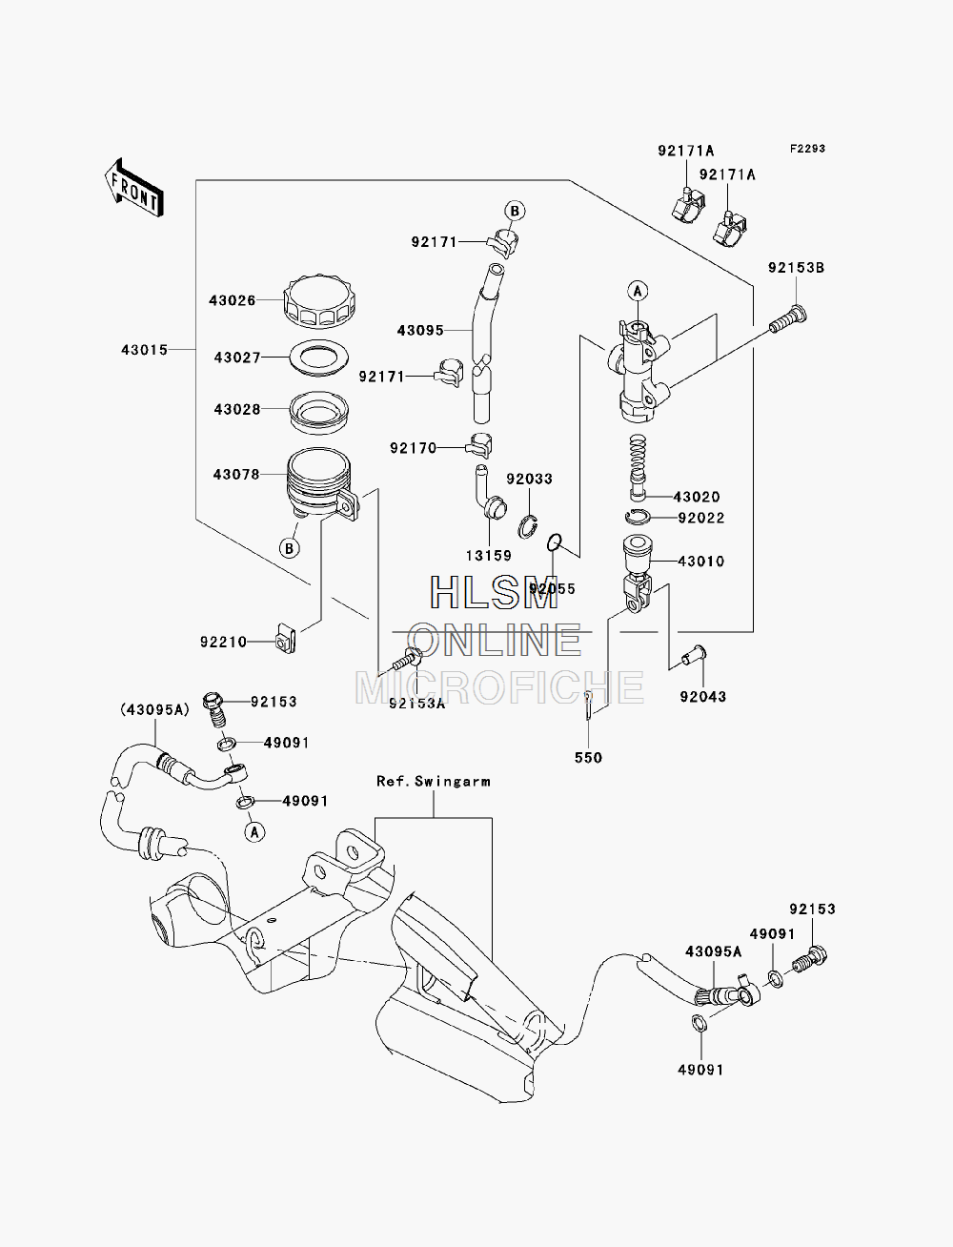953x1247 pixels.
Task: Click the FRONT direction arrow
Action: pos(134,188)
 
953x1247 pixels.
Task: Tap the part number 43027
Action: pos(237,358)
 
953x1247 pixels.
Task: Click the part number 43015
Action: pos(144,350)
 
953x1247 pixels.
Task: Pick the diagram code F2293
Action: pos(807,149)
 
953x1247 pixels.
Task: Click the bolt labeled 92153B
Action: pos(788,319)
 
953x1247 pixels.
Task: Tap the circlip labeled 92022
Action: pos(638,518)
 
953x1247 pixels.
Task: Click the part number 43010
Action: pos(700,562)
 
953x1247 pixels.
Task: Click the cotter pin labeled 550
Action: pos(589,705)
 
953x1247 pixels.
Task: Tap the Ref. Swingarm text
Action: pos(434,781)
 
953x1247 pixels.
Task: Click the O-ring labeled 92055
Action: pos(555,542)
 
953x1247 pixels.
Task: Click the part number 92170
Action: pos(413,448)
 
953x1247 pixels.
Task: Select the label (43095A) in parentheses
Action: pos(154,709)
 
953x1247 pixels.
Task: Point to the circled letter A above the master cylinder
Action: pos(638,291)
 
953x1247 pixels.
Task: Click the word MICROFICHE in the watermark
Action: pos(499,687)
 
